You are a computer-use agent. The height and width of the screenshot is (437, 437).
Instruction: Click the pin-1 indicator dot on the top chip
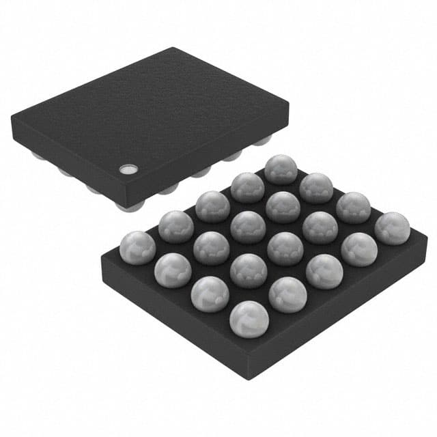point(126,169)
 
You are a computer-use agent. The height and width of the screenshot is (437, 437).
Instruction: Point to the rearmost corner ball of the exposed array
point(280,169)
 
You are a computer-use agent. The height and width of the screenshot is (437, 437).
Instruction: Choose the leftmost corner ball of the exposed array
point(138,248)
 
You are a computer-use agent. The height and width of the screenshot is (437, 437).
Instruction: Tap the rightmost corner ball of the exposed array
point(392,229)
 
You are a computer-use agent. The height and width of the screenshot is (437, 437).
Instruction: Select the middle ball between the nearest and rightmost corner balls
point(324,271)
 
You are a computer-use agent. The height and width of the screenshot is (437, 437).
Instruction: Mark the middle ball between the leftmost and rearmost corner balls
point(212,206)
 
